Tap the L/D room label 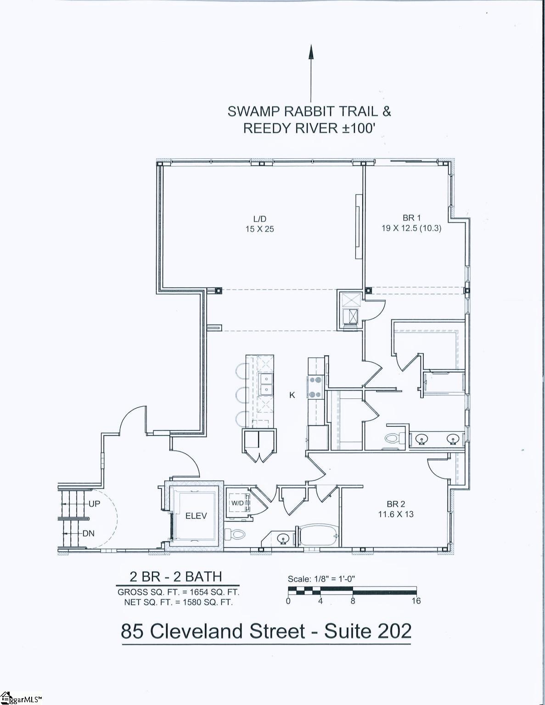click(x=259, y=219)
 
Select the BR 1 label click(x=411, y=218)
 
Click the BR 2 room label click(x=396, y=504)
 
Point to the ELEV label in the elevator click(x=196, y=516)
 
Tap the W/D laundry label click(x=237, y=503)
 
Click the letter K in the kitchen click(x=292, y=395)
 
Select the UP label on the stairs click(x=94, y=504)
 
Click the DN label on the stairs click(x=89, y=533)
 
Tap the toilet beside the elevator click(x=235, y=534)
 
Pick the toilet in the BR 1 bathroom click(x=392, y=438)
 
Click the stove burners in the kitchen click(x=315, y=386)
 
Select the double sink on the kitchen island click(x=266, y=384)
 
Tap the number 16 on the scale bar click(x=416, y=601)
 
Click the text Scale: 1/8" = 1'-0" click(x=321, y=579)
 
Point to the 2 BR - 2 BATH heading click(x=176, y=576)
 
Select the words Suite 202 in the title click(x=368, y=631)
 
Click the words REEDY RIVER click(x=291, y=128)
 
